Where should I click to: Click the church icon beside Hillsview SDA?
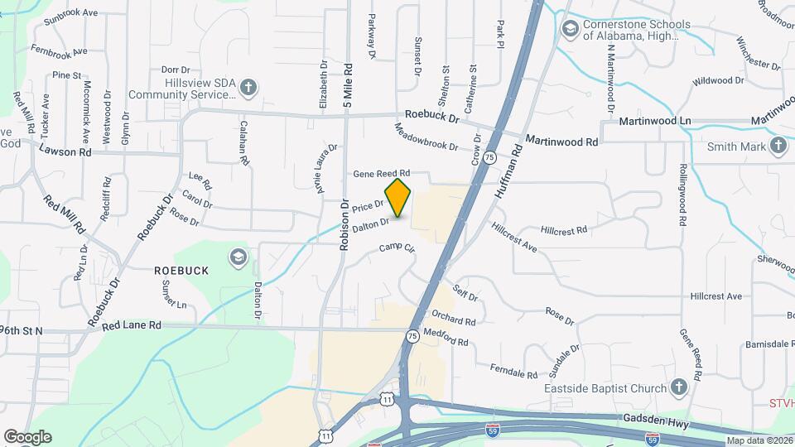click(x=248, y=87)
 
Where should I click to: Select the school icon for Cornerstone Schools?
click(x=569, y=30)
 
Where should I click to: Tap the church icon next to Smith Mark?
click(x=778, y=147)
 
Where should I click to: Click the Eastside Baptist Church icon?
click(x=678, y=388)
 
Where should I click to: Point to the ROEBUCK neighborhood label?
click(x=181, y=271)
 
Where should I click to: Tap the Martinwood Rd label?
click(x=561, y=142)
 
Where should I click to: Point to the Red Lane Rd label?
click(x=132, y=326)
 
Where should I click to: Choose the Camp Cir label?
click(x=397, y=248)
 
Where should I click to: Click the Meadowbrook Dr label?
click(x=426, y=137)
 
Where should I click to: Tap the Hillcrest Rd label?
click(x=563, y=229)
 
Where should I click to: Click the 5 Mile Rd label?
click(x=349, y=85)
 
